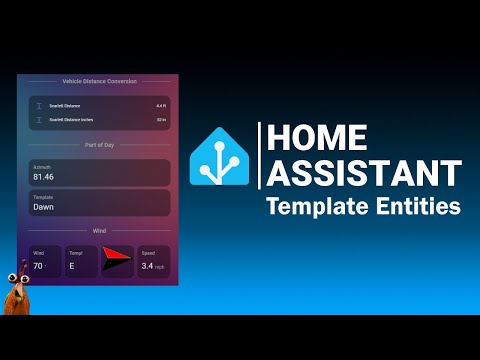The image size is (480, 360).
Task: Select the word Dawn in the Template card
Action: point(44,207)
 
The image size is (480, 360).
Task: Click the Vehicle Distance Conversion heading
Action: point(99,81)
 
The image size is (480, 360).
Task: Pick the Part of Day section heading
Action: point(99,145)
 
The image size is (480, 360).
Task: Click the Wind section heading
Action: point(99,231)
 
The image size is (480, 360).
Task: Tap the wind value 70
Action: point(39,267)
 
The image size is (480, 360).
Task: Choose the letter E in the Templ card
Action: point(70,267)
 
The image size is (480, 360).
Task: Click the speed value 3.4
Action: point(147,267)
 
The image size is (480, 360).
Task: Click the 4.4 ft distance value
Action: point(161,105)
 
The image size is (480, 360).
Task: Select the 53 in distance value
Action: point(161,120)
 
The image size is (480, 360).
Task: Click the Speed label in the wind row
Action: point(148,253)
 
